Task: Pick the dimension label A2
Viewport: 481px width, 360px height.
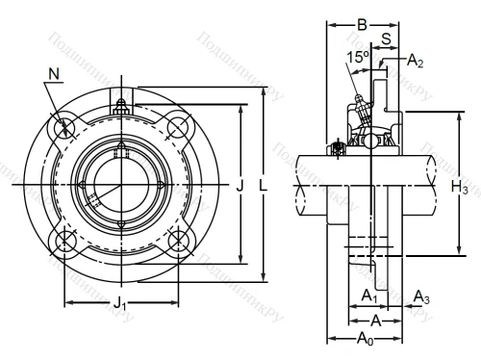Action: click(x=415, y=60)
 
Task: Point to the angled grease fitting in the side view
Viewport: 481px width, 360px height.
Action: click(x=359, y=105)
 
